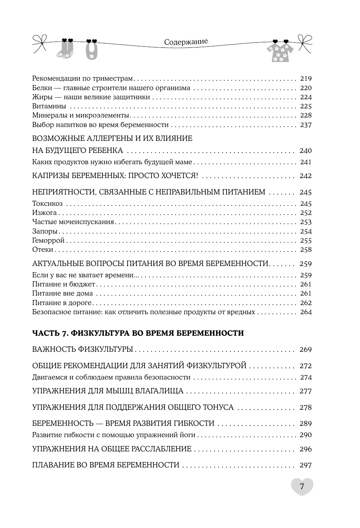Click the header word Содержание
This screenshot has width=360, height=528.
[186, 42]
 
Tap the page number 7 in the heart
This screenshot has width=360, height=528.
[302, 486]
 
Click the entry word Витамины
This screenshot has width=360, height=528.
[49, 106]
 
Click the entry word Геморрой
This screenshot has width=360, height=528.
[48, 240]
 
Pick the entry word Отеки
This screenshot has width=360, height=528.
[43, 250]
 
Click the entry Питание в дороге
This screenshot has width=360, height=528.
[62, 303]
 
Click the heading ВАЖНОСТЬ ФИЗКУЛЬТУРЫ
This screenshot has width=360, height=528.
[82, 350]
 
